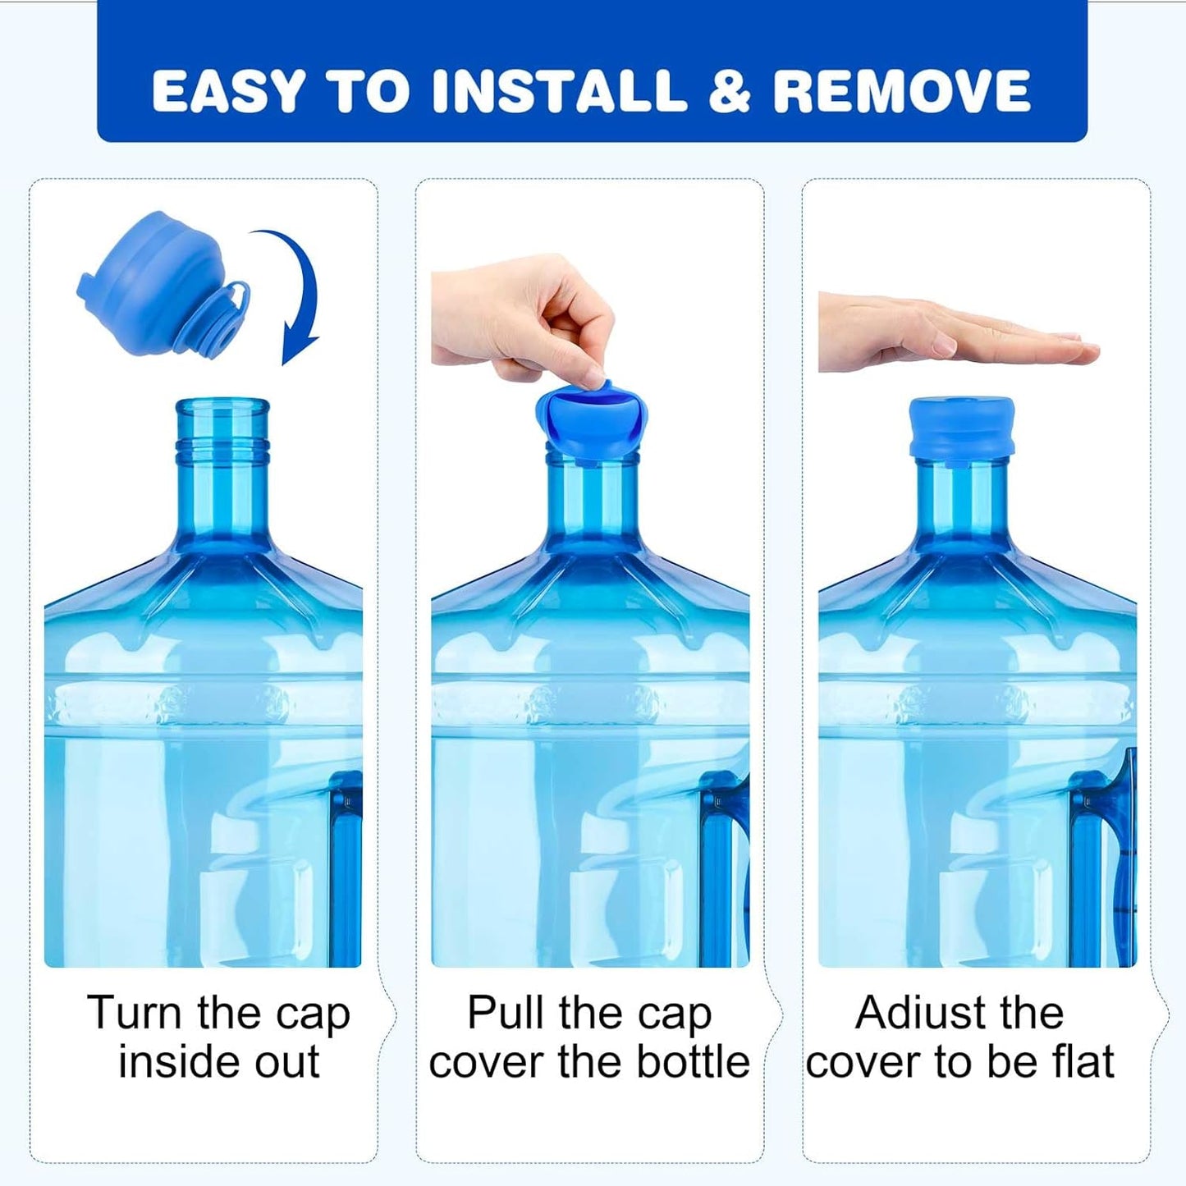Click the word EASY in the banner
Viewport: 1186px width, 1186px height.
click(x=227, y=91)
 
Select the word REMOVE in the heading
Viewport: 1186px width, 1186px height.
click(x=902, y=91)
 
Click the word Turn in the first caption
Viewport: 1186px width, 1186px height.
click(x=135, y=1012)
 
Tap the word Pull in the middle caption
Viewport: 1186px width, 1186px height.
click(x=505, y=1012)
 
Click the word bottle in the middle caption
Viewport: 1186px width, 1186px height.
click(x=685, y=1062)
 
